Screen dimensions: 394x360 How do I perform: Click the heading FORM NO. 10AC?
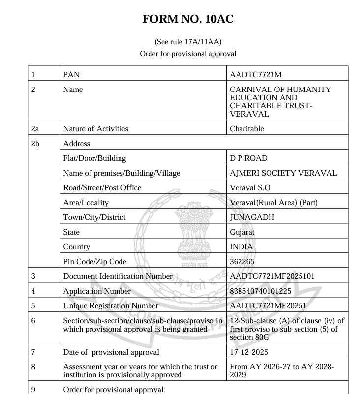pos(187,20)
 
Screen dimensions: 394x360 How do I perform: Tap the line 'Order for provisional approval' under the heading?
pos(187,53)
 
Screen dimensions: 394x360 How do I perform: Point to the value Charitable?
pos(247,129)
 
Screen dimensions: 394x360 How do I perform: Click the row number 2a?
pos(36,129)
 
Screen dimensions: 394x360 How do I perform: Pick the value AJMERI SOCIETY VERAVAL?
pos(283,173)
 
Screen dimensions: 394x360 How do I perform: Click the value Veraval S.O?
pos(250,188)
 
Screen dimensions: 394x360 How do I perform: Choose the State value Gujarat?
pos(242,232)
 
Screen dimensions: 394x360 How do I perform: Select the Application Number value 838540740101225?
pos(261,291)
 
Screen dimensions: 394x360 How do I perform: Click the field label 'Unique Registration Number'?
pos(111,305)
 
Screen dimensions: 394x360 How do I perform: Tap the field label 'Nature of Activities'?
pos(95,129)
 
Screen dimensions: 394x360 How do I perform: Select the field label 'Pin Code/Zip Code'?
pos(94,261)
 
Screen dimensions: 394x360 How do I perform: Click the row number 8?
pos(33,367)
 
